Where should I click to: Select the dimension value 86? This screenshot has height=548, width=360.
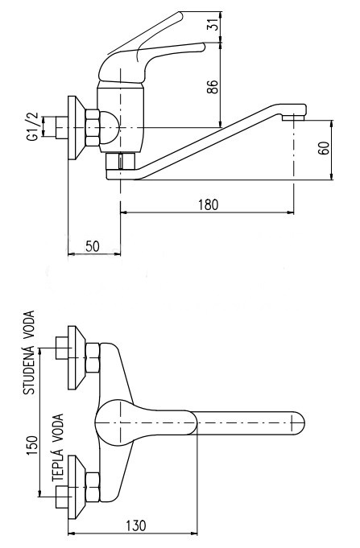(213, 87)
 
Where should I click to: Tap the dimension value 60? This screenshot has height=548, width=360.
(324, 148)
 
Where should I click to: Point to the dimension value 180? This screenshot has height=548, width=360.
(208, 205)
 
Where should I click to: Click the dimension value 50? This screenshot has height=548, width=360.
(93, 246)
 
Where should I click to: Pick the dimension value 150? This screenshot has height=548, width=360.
(32, 445)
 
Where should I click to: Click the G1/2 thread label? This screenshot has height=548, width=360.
(32, 127)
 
